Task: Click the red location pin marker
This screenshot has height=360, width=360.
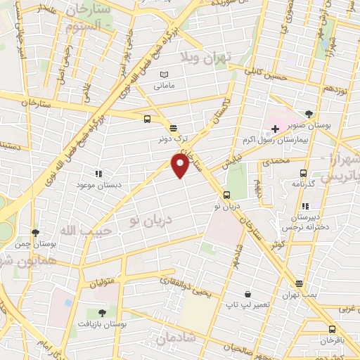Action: point(180,165)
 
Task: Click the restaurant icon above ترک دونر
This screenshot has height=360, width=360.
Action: point(173,127)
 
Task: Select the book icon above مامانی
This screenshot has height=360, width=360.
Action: point(165,75)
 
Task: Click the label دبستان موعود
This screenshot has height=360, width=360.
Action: point(98,185)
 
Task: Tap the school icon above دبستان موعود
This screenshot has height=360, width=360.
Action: point(98,173)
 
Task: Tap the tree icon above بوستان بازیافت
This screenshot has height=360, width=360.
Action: point(103,313)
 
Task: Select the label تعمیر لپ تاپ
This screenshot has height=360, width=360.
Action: point(247,305)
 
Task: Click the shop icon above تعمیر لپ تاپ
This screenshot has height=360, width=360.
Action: point(247,294)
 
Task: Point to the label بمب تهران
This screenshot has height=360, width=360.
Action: point(300,296)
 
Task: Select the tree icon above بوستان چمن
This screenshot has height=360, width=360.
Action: point(35,232)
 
